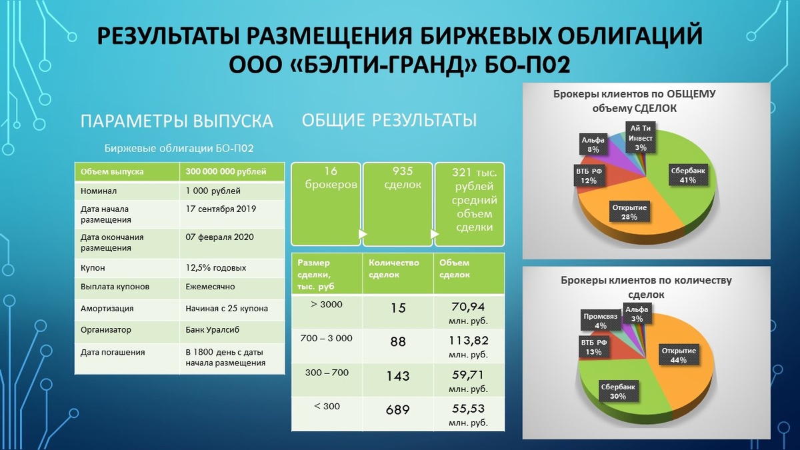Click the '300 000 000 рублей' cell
[x=226, y=172]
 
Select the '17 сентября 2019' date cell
[x=221, y=209]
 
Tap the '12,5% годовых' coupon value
[x=216, y=268]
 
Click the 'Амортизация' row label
[x=107, y=309]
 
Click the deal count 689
[x=397, y=409]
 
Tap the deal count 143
[x=397, y=376]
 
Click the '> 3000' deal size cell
[x=327, y=305]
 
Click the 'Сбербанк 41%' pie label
[x=687, y=175]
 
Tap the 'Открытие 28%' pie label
[x=629, y=212]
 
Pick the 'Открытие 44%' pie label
[x=678, y=355]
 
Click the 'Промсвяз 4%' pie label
[x=600, y=321]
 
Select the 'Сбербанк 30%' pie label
[x=618, y=390]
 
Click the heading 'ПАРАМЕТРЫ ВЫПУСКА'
[x=177, y=121]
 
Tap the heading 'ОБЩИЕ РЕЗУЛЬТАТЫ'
[x=389, y=120]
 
